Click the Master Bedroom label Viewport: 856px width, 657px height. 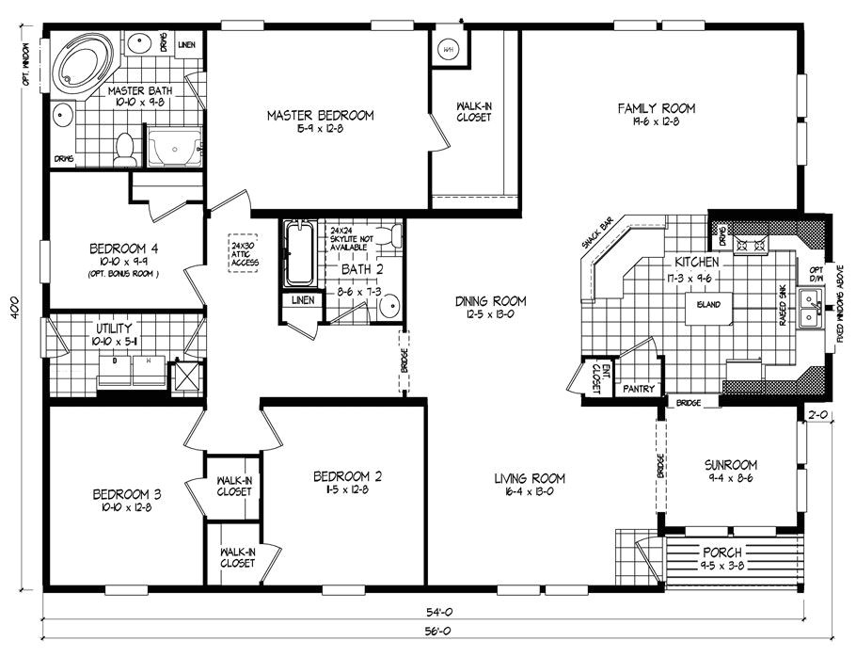point(320,116)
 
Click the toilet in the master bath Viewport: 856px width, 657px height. point(123,148)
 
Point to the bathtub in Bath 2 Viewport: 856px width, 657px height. point(299,252)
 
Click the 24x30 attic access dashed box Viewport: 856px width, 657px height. point(244,254)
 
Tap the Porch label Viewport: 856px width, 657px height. point(722,552)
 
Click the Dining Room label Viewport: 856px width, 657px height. point(490,301)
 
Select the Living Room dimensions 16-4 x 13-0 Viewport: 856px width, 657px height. point(530,491)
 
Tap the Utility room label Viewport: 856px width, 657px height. point(112,328)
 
